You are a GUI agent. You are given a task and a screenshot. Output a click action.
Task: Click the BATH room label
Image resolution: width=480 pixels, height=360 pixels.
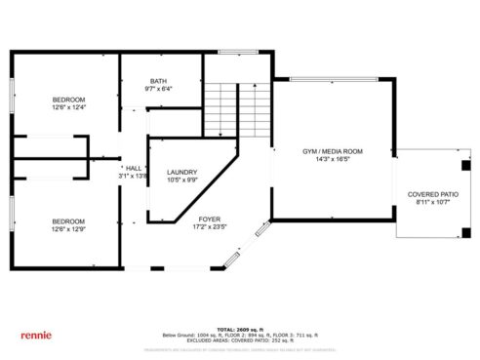(159, 81)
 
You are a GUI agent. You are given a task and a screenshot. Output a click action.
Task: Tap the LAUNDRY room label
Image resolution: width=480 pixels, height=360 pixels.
(183, 171)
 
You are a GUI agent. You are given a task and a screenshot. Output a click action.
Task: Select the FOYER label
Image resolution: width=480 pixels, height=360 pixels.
(210, 219)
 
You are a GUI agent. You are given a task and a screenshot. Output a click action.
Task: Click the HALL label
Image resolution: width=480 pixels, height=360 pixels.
(135, 168)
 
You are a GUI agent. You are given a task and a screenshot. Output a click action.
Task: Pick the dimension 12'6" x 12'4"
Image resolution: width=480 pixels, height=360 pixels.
(69, 108)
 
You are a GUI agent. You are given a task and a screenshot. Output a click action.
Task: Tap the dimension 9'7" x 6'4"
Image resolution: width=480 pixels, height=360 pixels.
(159, 90)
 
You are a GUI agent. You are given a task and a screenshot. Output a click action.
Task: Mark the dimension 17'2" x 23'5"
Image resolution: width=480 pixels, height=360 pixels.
(210, 227)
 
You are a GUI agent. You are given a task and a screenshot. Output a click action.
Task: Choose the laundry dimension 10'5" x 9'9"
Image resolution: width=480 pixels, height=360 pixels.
(183, 180)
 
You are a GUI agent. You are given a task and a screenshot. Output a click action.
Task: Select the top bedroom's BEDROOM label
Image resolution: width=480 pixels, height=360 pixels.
(69, 100)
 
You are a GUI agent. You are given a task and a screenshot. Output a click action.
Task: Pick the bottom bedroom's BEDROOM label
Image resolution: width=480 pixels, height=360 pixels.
(69, 221)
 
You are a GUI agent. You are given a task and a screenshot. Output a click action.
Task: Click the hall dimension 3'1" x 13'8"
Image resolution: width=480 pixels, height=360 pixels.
(135, 177)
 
